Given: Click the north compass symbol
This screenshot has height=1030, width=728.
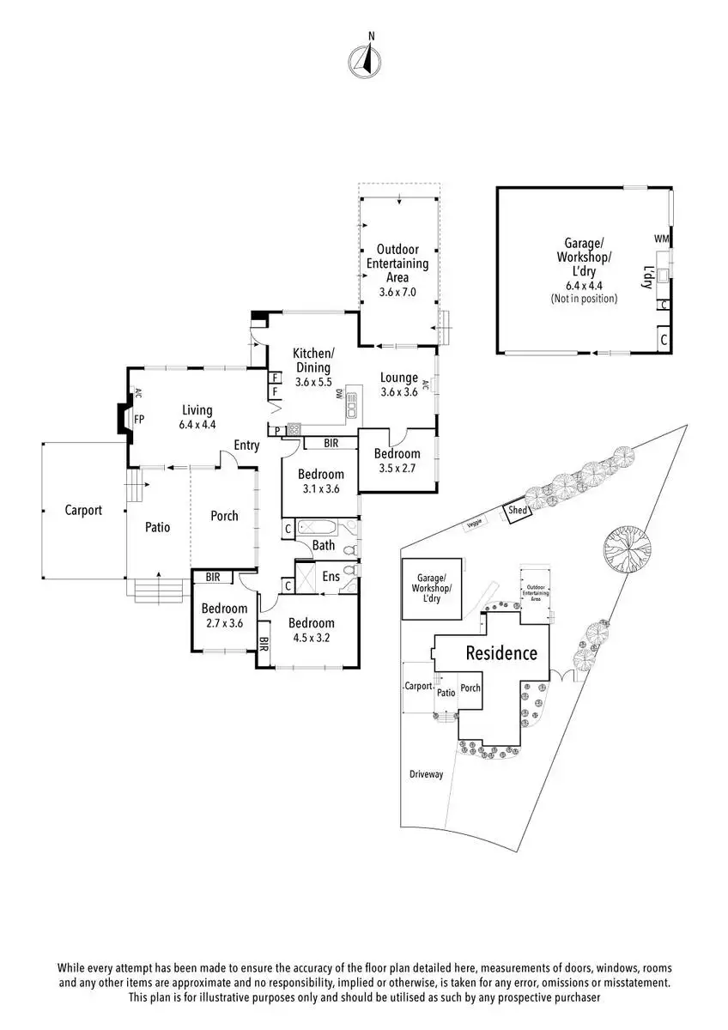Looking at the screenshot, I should (x=364, y=58).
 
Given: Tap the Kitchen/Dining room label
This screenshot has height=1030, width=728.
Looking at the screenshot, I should (x=312, y=367).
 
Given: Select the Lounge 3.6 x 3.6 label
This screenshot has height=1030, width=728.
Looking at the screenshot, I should (x=399, y=385).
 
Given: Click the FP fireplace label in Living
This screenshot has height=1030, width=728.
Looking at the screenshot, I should (x=138, y=420).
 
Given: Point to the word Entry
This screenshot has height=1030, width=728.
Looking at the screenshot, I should (x=246, y=445).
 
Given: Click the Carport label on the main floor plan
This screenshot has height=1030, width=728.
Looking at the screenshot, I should (x=83, y=510).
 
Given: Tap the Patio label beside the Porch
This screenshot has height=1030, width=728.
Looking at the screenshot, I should (x=157, y=527).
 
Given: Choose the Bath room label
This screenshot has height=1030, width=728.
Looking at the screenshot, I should (x=324, y=545).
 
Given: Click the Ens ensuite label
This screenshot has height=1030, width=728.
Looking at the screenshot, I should (x=331, y=577).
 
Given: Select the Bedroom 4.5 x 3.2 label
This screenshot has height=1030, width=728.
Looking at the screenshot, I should (x=311, y=631).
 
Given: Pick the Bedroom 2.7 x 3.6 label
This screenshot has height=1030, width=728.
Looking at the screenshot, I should (x=224, y=616).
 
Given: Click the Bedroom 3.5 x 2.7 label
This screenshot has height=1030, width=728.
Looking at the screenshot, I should (x=397, y=461).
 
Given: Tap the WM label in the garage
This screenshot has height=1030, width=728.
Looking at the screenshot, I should (x=661, y=239).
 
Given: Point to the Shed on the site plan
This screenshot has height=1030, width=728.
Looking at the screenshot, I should (x=518, y=510).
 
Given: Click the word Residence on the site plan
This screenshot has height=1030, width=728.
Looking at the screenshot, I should (x=501, y=653).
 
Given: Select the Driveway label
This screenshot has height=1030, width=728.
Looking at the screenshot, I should (x=426, y=774).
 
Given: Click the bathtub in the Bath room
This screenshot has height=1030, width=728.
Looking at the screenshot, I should (x=322, y=528).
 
